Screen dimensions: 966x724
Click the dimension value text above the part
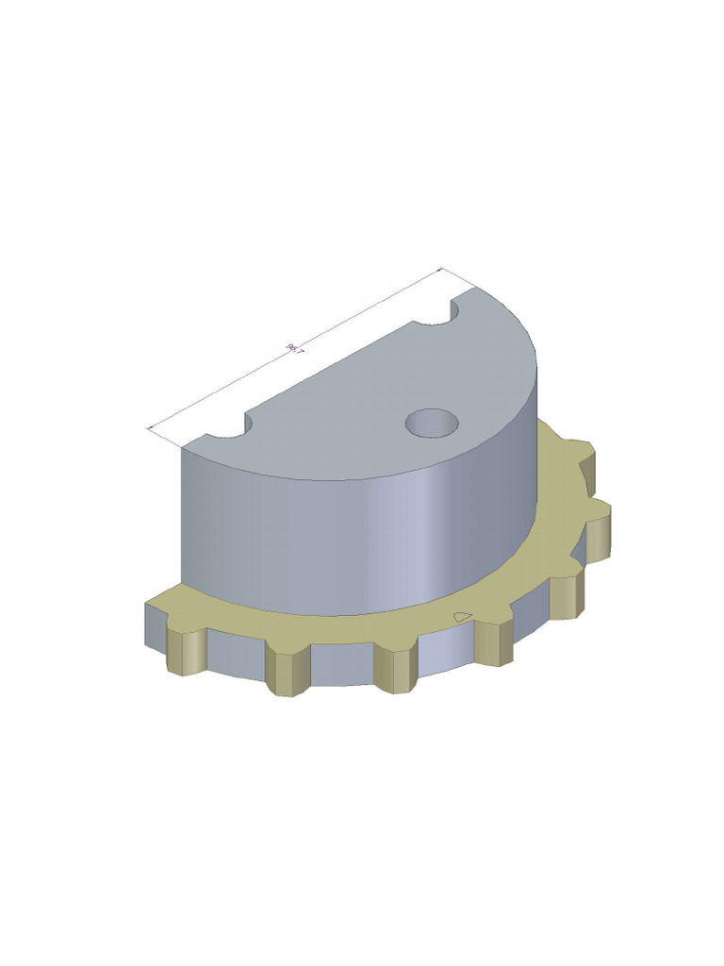click(x=295, y=350)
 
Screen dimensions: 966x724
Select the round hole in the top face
click(x=432, y=422)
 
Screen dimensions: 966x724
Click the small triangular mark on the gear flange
click(x=462, y=617)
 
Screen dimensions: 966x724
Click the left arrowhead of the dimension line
click(x=151, y=429)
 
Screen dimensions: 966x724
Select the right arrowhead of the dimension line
click(x=440, y=272)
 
